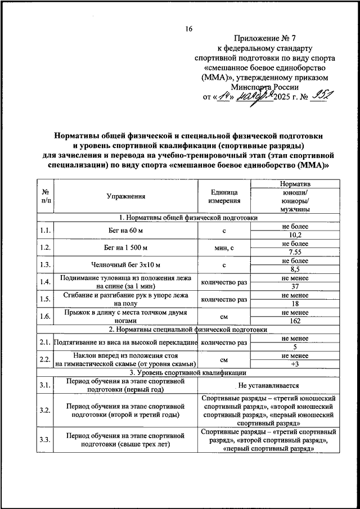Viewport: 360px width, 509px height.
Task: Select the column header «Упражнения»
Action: click(125, 196)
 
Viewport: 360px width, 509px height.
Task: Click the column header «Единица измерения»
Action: click(224, 196)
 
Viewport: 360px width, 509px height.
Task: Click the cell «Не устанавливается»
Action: click(268, 385)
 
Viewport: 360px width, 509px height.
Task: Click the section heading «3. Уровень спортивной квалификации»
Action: click(188, 372)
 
